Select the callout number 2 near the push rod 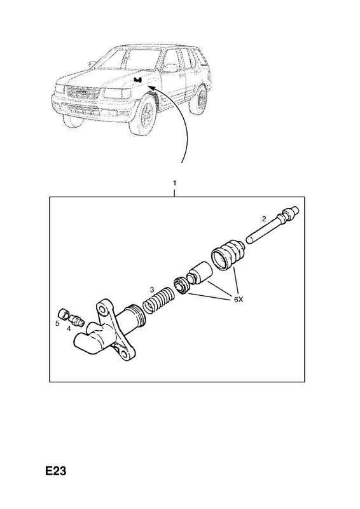point(264,219)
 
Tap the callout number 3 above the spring point(151,289)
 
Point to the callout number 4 point(69,329)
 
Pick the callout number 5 point(57,324)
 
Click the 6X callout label point(239,300)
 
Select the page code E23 point(56,471)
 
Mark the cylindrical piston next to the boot point(200,274)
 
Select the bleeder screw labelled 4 point(77,321)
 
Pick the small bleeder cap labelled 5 point(64,314)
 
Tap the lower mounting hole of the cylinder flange point(125,354)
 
